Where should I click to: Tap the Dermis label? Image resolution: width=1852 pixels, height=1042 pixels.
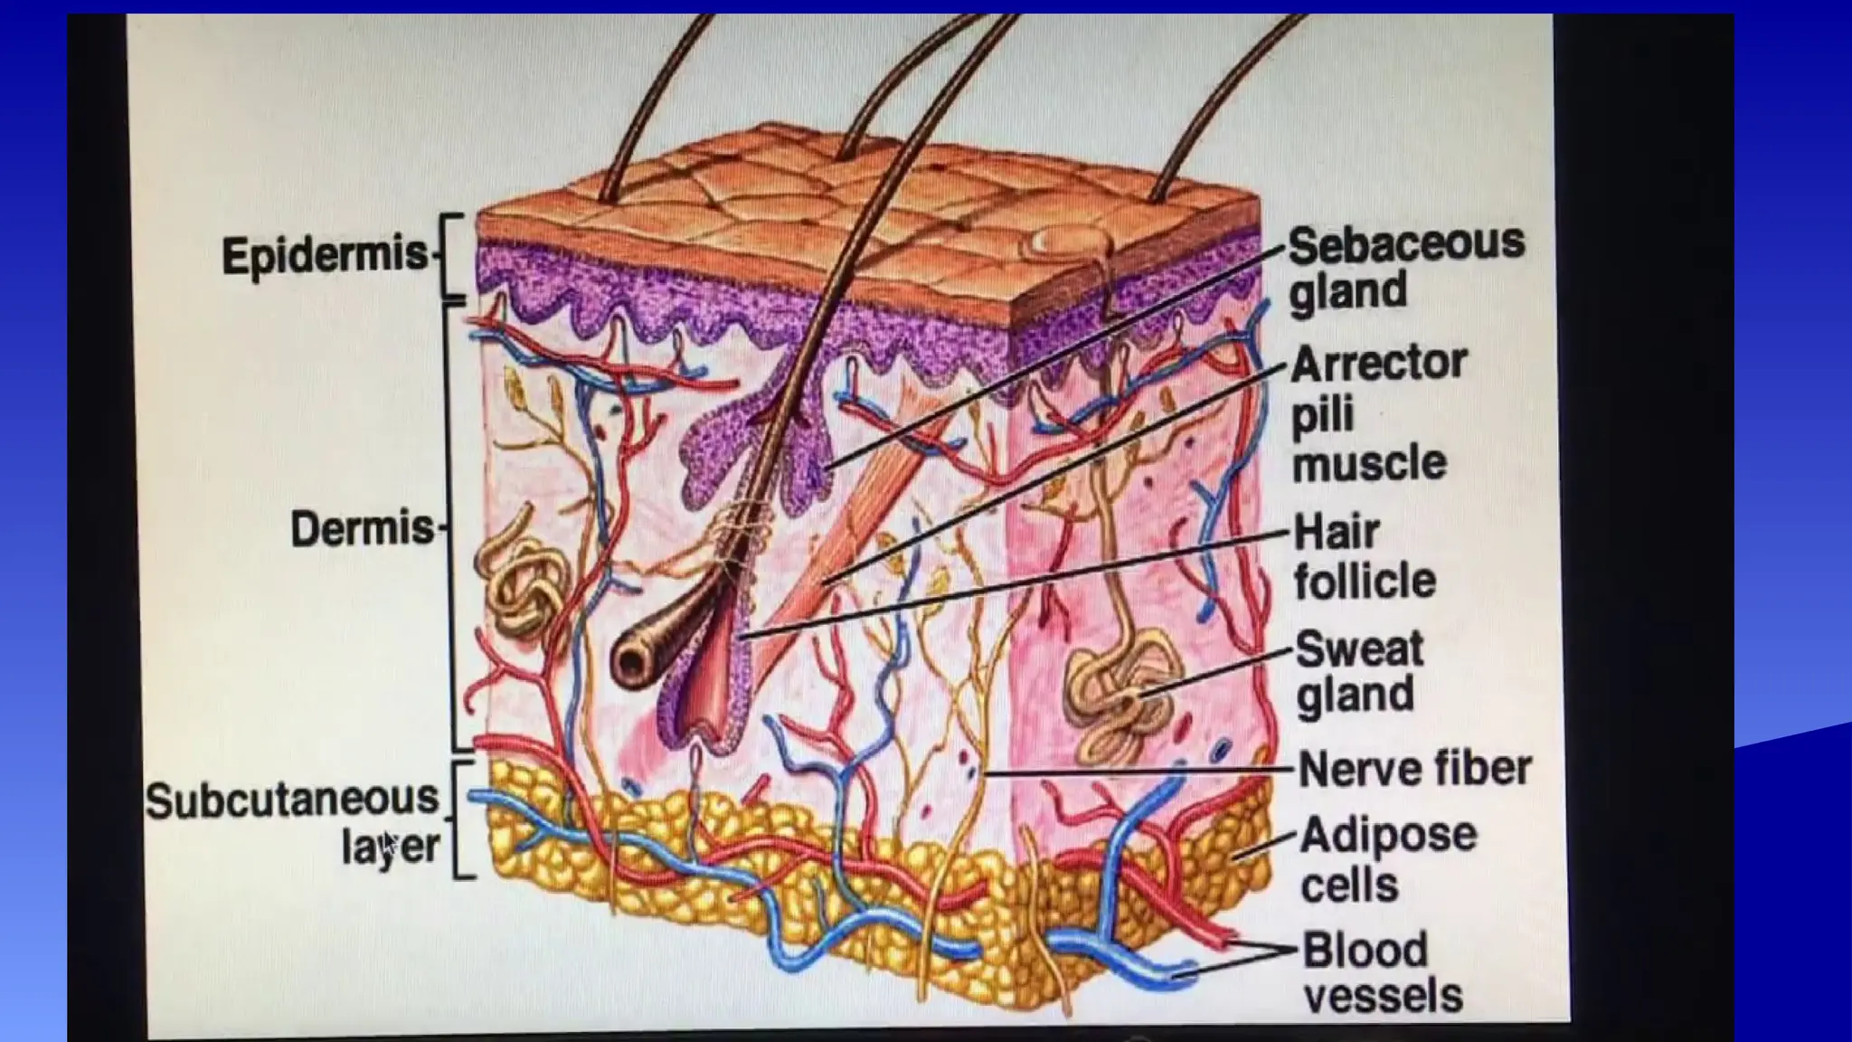point(363,528)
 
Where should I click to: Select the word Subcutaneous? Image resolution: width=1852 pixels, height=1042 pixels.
point(292,800)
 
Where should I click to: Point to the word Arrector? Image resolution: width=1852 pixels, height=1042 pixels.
point(1379,364)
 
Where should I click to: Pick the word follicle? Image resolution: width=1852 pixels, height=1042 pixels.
point(1365,581)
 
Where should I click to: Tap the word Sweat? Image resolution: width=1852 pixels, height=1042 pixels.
point(1359,649)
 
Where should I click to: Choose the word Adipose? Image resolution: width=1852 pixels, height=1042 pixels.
point(1388,834)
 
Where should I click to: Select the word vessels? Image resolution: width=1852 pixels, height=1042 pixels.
point(1383,995)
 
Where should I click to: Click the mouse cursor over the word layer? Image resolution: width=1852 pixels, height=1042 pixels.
point(387,846)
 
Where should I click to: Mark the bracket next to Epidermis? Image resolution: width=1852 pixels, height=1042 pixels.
point(452,257)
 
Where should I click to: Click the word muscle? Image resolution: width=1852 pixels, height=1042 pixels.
point(1369,463)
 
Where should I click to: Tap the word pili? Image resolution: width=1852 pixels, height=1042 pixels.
point(1322,414)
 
